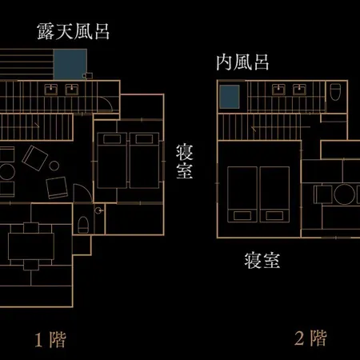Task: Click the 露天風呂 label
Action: [x=74, y=31]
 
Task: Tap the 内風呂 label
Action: [x=242, y=62]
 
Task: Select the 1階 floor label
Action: [x=50, y=340]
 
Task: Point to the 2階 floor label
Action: [x=310, y=338]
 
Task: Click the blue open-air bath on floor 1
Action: [x=70, y=64]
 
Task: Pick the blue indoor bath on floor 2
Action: [x=230, y=97]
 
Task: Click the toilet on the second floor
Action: [x=335, y=92]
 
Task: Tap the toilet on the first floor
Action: [x=83, y=225]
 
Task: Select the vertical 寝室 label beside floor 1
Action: [x=185, y=162]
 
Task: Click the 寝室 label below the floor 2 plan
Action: [x=262, y=260]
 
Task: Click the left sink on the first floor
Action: [x=51, y=90]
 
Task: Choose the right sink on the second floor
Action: [x=299, y=90]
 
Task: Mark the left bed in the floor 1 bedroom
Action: [x=112, y=160]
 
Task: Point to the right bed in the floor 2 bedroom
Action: [x=274, y=194]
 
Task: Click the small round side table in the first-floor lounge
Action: [x=54, y=166]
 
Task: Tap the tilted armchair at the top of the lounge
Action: [x=34, y=158]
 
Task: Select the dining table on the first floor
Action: [x=31, y=246]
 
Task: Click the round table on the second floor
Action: [x=345, y=194]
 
